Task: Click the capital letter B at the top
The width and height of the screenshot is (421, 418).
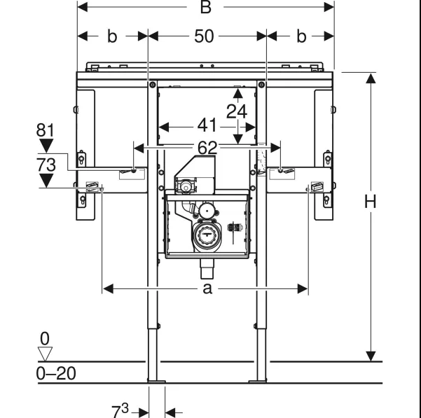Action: (206, 7)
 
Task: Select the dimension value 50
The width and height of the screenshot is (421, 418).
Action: (204, 36)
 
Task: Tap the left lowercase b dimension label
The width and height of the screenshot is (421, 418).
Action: (112, 36)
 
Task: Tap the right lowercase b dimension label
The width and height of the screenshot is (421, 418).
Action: (301, 36)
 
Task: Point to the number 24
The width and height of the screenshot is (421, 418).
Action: (237, 111)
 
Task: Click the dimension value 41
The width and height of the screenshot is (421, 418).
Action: (207, 125)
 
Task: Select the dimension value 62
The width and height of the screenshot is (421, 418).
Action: (207, 148)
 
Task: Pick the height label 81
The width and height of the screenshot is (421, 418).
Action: (45, 130)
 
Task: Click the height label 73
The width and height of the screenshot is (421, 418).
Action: (46, 165)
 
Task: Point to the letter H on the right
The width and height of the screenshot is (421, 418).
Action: (370, 202)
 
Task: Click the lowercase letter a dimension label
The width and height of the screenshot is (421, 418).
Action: (207, 289)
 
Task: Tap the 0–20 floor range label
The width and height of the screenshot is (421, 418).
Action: (56, 373)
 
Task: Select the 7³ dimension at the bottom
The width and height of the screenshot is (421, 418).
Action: (120, 410)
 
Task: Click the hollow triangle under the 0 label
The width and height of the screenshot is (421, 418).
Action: (45, 354)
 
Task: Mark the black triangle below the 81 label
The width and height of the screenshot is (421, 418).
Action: (46, 146)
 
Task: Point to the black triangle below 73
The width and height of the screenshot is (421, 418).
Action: (46, 180)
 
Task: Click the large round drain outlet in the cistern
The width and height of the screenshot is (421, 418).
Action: (207, 235)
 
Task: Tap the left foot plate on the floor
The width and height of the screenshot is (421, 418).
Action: (156, 381)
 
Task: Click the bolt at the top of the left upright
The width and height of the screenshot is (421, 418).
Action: (152, 85)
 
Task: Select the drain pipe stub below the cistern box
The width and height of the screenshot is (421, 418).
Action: (207, 269)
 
